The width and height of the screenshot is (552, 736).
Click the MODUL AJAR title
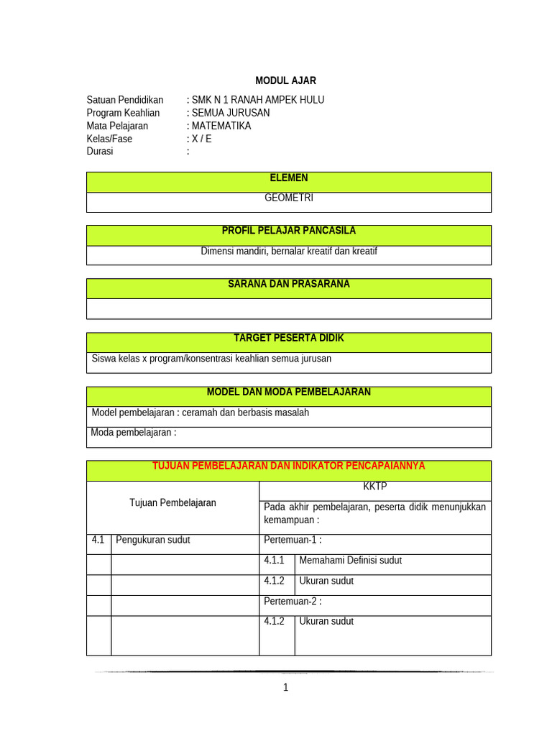(x=285, y=80)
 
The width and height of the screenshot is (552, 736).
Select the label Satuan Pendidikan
(x=124, y=100)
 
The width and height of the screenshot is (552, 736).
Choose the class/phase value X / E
(x=201, y=139)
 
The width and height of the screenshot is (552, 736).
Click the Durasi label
(x=100, y=152)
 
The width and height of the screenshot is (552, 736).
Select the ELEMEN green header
(x=288, y=178)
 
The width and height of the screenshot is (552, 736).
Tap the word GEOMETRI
(x=289, y=198)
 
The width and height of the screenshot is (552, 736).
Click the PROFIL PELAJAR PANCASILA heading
(x=288, y=231)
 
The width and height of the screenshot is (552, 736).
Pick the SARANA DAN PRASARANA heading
(x=288, y=284)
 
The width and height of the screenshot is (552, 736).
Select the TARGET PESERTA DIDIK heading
(x=288, y=338)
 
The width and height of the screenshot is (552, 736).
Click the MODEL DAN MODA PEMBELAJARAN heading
(x=288, y=392)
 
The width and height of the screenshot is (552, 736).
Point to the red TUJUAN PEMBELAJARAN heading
(x=288, y=466)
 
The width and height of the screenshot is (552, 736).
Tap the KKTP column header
(x=374, y=487)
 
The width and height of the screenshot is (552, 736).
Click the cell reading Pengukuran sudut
(x=152, y=540)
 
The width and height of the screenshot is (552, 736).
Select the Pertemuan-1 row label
(x=293, y=540)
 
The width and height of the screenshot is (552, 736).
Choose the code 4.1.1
(x=274, y=560)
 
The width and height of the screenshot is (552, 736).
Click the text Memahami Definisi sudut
(x=350, y=560)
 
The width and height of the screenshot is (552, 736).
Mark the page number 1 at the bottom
(x=285, y=688)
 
